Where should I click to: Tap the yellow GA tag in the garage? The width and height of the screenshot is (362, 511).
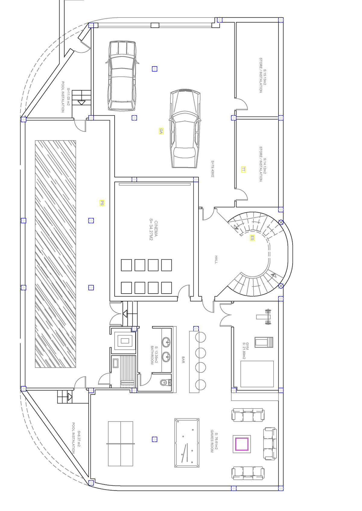[x=161, y=131]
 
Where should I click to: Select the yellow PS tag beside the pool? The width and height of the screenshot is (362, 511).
[x=102, y=203]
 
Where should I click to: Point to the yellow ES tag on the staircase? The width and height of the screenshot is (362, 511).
[x=252, y=238]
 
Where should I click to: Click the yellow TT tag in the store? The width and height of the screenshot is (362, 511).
[x=243, y=170]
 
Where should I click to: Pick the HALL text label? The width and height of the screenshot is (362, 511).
[x=216, y=260]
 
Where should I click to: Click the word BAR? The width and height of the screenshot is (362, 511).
[x=183, y=360]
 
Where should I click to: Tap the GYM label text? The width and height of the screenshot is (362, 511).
[x=247, y=346]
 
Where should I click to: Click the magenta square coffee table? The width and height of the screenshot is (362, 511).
[x=242, y=444]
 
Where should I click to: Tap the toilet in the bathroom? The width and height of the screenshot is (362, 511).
[x=165, y=382]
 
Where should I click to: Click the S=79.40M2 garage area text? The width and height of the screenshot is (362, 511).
[x=213, y=169]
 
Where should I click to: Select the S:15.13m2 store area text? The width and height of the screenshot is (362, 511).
[x=265, y=77]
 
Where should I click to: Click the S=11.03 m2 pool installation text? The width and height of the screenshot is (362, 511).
[x=68, y=97]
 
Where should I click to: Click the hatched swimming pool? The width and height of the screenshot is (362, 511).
[x=55, y=254]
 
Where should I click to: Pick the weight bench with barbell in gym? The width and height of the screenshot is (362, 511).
[x=265, y=317]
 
